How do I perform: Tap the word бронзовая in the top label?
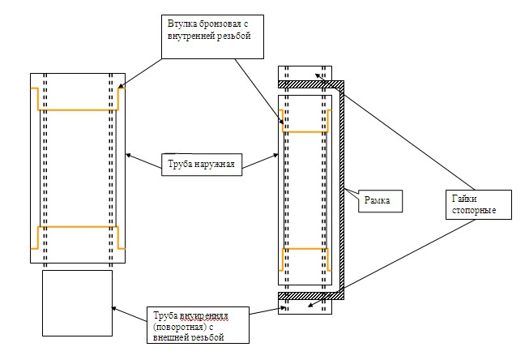coord(220,24)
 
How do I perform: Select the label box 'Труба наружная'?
coord(202,165)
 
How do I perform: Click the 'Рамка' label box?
coord(380,201)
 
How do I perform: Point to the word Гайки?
coord(464,199)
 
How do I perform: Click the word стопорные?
coord(474,211)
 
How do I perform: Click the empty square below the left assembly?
coord(77,303)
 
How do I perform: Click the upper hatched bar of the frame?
coord(311,84)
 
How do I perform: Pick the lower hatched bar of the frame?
coord(311,296)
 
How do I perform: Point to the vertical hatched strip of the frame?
coord(342,190)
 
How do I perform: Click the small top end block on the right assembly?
coord(305,73)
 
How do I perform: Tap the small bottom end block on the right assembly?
coord(305,306)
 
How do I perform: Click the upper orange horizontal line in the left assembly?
coord(78,109)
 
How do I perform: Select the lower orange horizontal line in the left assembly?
coord(78,227)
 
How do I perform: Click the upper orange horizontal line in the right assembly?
coord(305,131)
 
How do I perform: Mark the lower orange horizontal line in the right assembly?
coord(305,249)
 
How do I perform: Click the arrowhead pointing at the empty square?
coord(114,308)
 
